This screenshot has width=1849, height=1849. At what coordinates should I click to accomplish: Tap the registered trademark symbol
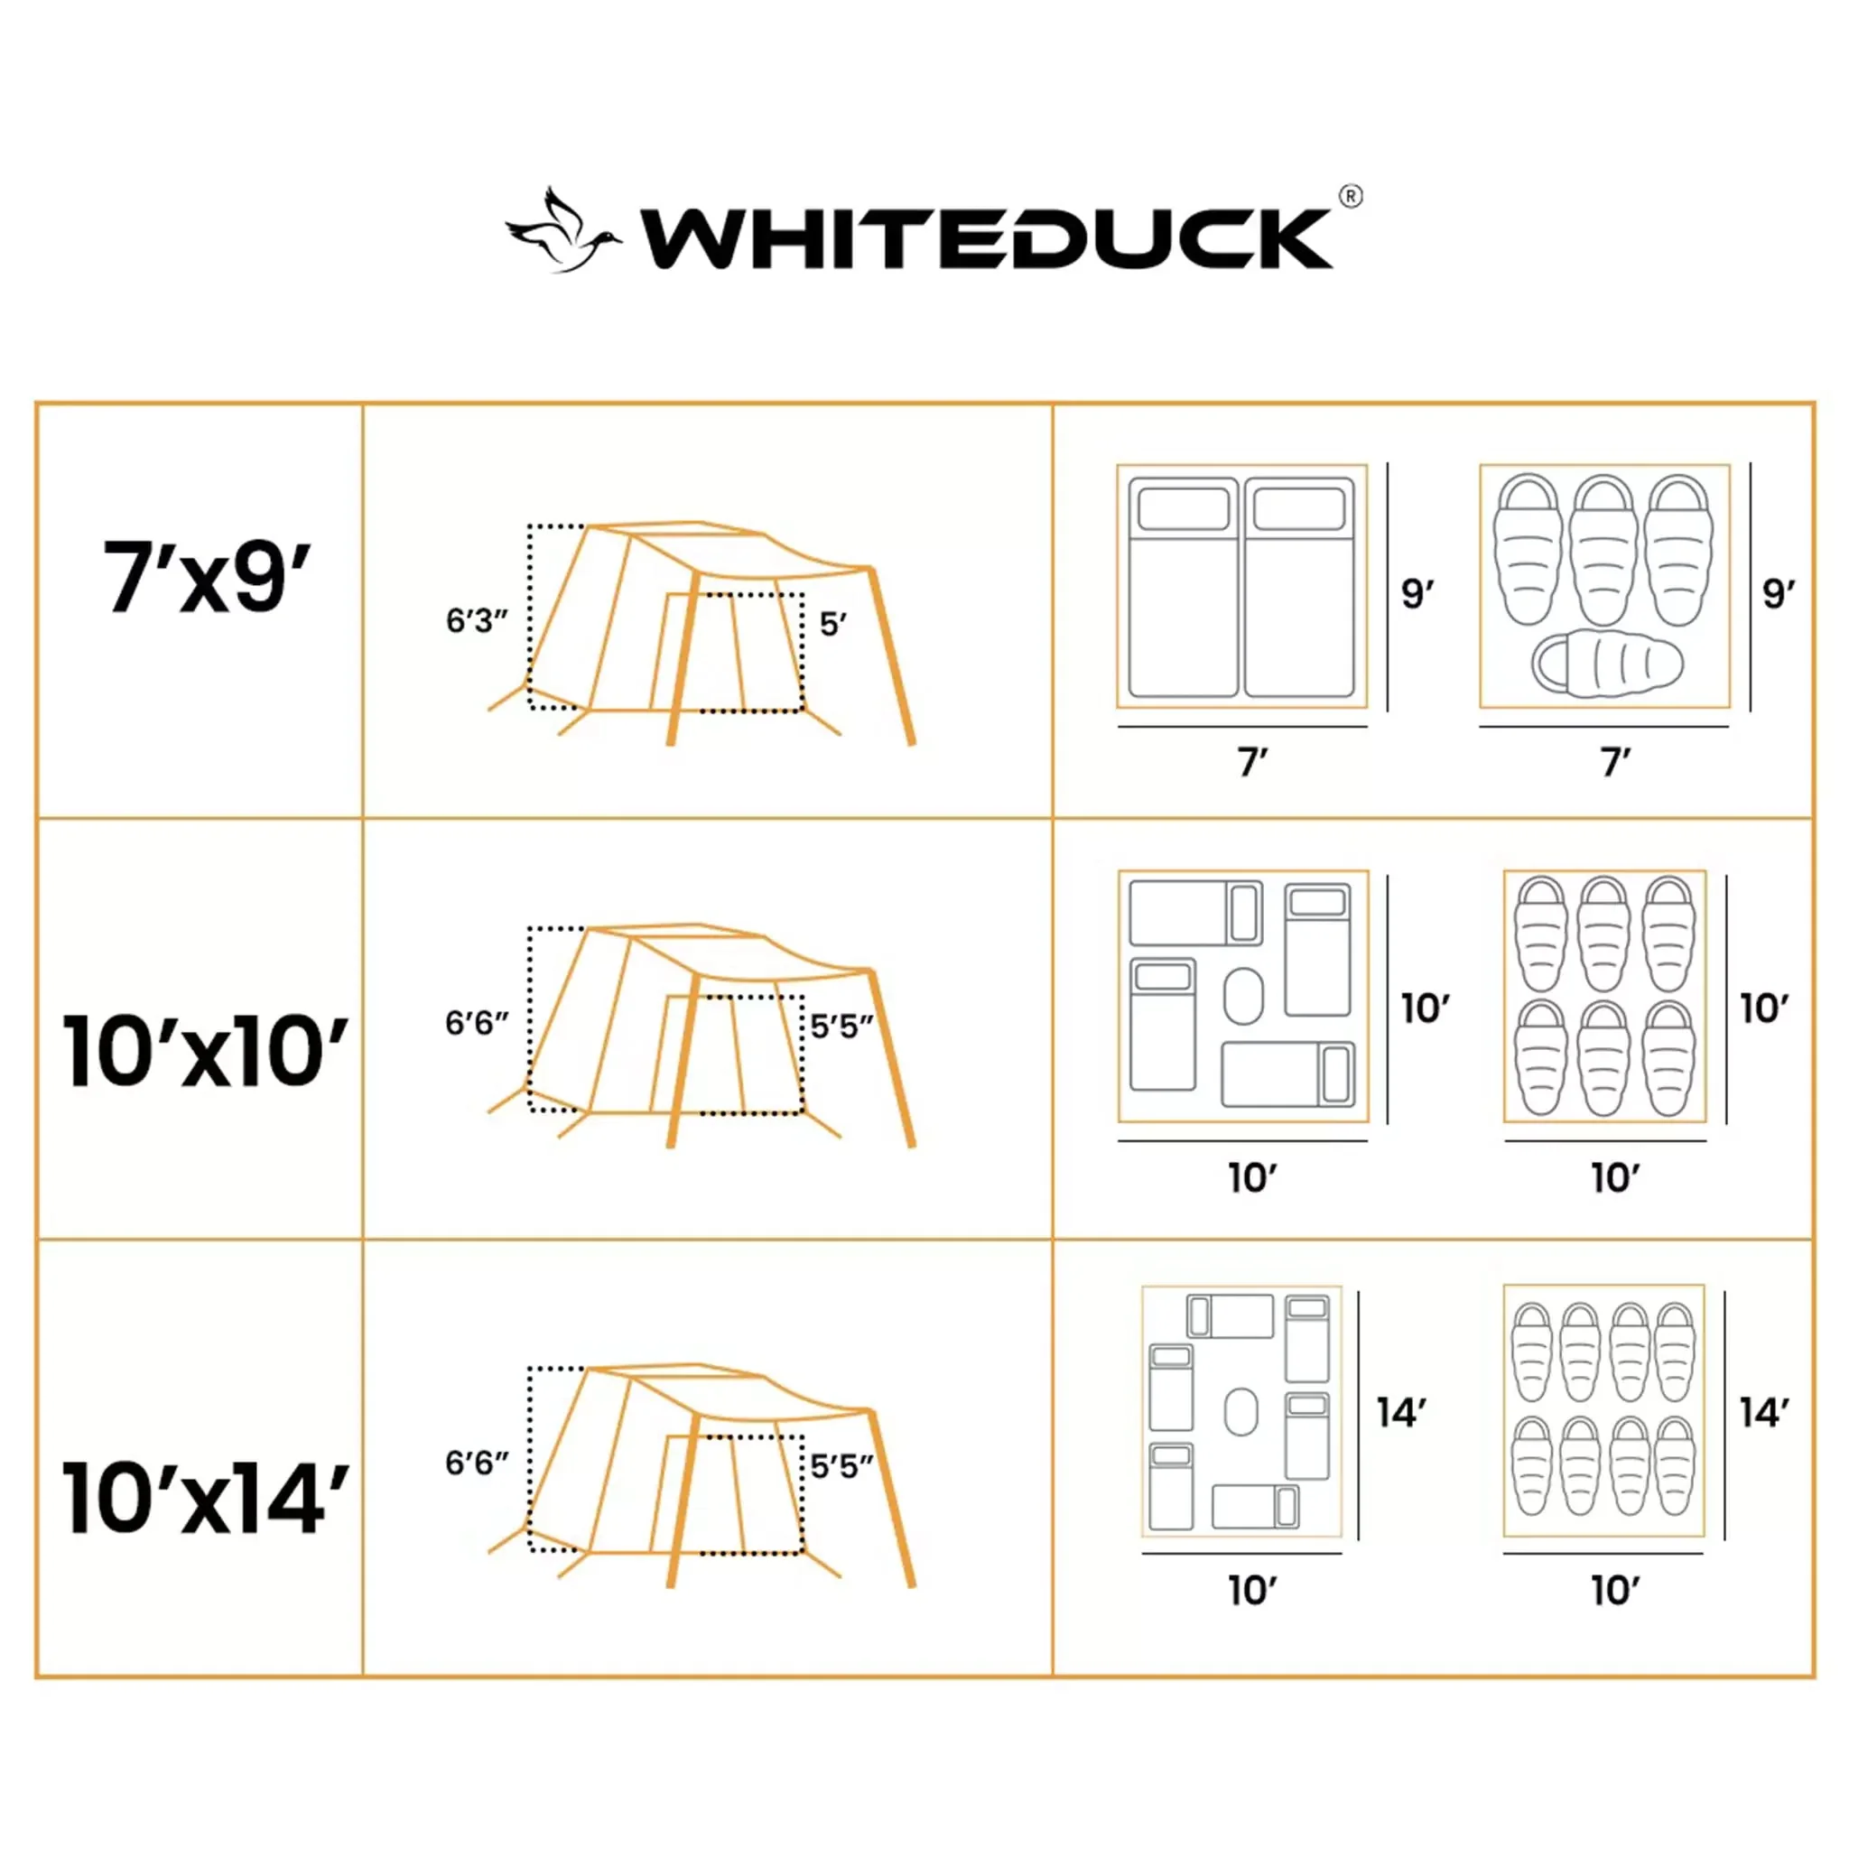1351,196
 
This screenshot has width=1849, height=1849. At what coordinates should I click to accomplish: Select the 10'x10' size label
206,1051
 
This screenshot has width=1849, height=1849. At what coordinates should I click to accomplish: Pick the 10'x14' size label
206,1498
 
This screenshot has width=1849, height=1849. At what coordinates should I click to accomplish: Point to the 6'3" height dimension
477,620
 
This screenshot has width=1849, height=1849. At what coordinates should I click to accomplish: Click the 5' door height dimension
832,624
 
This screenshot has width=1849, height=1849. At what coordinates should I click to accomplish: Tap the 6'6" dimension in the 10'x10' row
477,1023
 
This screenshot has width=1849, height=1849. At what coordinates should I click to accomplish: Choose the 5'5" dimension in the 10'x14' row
842,1466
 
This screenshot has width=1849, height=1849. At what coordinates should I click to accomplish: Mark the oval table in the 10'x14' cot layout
1241,1412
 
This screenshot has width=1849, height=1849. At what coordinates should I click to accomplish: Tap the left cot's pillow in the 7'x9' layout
1184,508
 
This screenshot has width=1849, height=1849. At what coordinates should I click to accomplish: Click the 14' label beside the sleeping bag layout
1764,1413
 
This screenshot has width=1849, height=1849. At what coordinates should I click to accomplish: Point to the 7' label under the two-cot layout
1253,763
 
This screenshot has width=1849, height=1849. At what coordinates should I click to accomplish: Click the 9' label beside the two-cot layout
1417,593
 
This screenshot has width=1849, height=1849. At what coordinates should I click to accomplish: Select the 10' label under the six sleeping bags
1615,1177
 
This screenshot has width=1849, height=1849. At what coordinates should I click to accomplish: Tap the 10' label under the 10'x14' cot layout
1253,1591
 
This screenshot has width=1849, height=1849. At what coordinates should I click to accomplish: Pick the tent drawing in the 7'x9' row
702,633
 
